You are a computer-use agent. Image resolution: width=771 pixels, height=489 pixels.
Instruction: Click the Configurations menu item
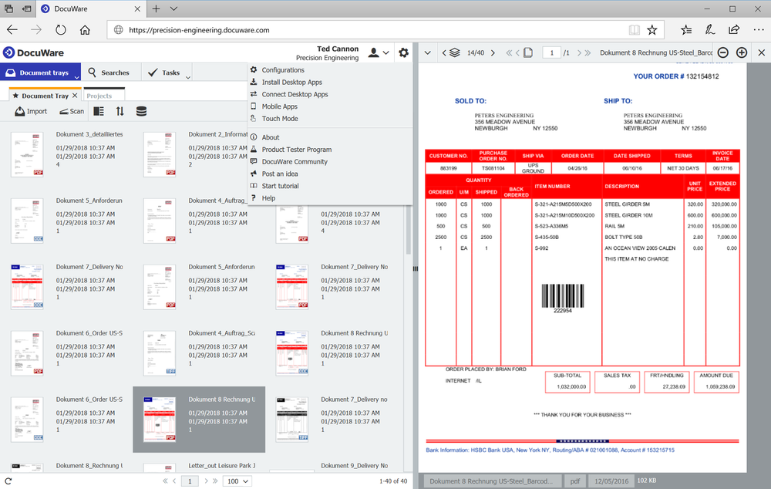283,70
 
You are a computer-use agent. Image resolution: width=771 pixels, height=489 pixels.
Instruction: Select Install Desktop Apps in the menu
291,82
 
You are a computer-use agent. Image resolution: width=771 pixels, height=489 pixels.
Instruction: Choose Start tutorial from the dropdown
280,186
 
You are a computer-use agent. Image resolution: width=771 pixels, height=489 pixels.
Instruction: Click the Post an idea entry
280,174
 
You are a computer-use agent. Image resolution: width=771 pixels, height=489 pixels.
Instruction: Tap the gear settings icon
403,52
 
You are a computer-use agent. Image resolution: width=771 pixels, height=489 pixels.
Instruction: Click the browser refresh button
61,30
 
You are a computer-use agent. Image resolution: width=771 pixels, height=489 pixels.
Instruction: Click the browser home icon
85,30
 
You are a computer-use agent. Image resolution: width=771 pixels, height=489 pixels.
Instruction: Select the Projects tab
99,96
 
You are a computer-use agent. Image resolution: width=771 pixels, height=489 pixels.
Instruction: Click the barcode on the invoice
562,298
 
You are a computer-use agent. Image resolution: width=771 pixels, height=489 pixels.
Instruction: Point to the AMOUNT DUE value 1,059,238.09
717,386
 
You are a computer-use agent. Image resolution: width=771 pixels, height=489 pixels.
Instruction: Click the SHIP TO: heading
618,101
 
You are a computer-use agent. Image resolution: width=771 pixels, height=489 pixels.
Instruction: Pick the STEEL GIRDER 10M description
629,215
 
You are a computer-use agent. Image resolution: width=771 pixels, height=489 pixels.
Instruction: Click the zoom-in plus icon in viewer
742,52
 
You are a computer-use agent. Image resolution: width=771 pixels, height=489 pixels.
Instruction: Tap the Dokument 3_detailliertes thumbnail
26,154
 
